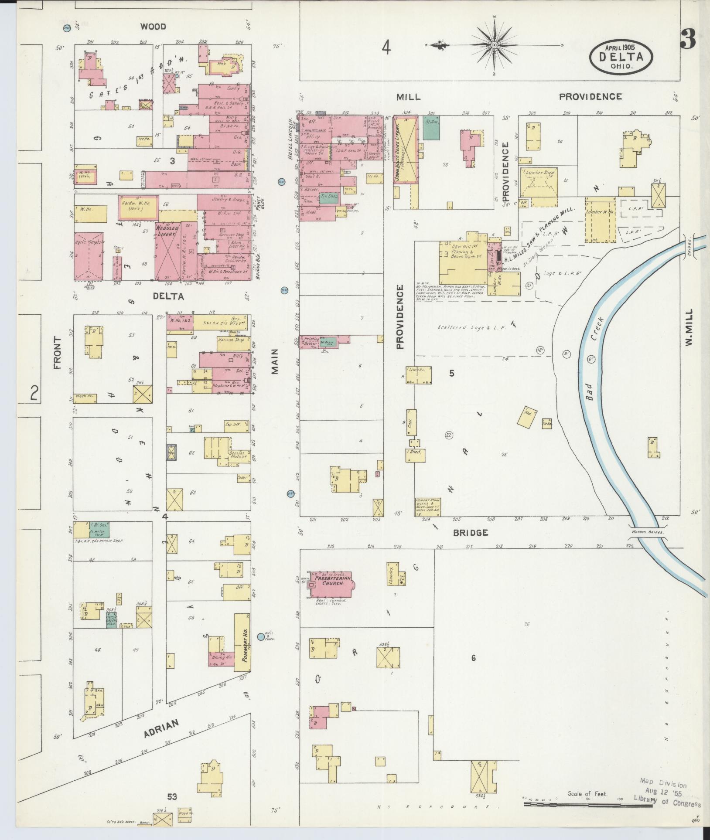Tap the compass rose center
point(495,45)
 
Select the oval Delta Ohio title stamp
point(621,57)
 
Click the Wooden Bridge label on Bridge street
point(647,532)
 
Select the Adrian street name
point(161,728)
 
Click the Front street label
point(58,353)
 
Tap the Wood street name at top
point(153,27)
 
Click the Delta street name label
point(168,296)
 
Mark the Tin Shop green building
point(330,197)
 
